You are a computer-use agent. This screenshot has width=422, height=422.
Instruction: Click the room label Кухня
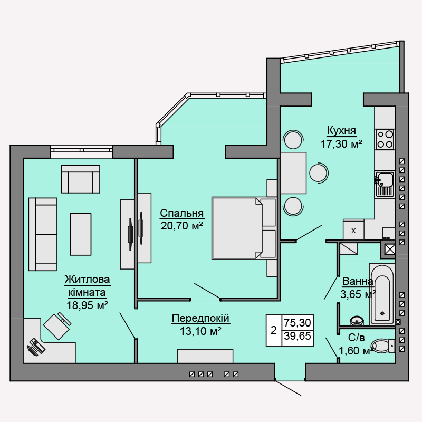[341, 130]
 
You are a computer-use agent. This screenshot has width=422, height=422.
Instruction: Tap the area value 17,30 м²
[341, 143]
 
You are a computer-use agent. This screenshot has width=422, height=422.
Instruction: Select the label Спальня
[182, 214]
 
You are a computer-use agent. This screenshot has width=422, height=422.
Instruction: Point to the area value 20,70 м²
[182, 226]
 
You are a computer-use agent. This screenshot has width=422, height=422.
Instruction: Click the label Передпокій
[200, 318]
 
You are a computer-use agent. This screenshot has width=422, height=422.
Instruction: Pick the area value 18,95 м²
[88, 304]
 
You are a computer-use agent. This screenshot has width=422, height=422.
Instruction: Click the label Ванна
[358, 281]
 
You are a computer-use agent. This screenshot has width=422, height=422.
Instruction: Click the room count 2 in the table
[273, 331]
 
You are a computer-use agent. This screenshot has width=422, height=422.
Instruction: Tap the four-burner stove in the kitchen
[385, 139]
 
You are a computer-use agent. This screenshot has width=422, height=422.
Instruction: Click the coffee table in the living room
[81, 234]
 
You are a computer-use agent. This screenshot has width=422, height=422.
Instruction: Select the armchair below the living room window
[81, 179]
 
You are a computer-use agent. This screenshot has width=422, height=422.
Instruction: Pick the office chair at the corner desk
[56, 326]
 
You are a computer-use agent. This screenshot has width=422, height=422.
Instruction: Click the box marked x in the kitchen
[353, 230]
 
